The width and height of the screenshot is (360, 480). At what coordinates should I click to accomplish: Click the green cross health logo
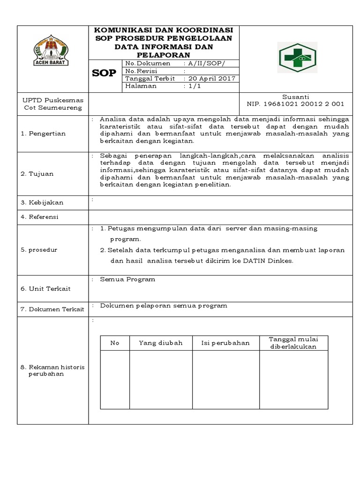tap(297, 57)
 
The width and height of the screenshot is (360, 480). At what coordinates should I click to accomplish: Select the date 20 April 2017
tap(211, 79)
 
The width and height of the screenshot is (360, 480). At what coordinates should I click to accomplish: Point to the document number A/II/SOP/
tap(206, 63)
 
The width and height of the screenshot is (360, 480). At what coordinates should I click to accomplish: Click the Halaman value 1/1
tap(193, 86)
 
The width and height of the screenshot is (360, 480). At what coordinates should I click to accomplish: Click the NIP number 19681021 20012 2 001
tap(295, 104)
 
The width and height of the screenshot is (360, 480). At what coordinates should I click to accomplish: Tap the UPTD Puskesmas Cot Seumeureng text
tap(53, 104)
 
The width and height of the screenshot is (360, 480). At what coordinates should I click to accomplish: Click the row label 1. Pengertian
tap(43, 134)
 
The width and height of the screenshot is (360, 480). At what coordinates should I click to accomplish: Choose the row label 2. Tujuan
tap(37, 174)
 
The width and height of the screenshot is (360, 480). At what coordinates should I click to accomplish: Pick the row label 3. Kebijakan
tap(42, 202)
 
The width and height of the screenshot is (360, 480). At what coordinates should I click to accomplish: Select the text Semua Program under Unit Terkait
tap(127, 279)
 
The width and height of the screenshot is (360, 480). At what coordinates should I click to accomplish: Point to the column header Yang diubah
tap(160, 343)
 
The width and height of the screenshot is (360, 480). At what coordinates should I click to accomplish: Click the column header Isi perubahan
tap(225, 343)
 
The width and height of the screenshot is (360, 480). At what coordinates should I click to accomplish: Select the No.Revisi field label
tap(141, 71)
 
